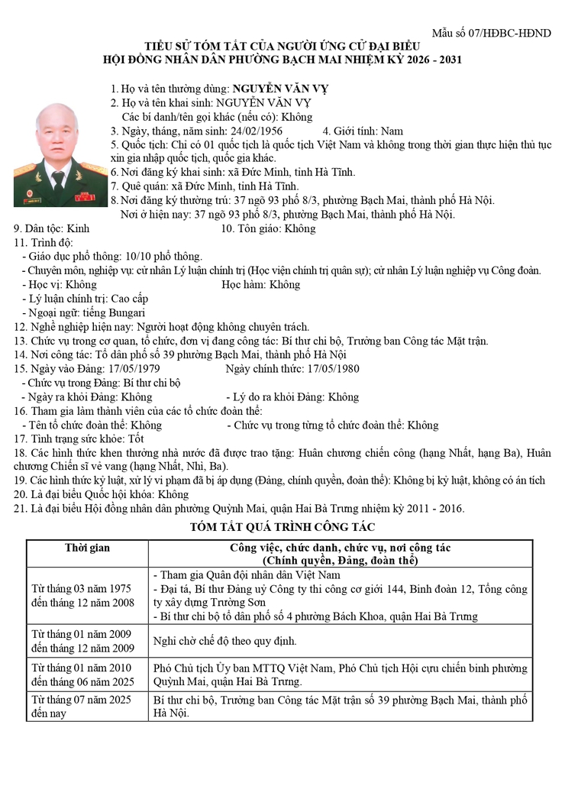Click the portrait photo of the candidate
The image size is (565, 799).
pos(60,154)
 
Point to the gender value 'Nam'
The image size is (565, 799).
pos(392,131)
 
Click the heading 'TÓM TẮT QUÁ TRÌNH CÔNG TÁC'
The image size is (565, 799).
pos(282,527)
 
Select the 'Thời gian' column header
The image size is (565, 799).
pos(87,548)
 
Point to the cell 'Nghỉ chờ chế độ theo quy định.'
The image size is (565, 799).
pos(225,641)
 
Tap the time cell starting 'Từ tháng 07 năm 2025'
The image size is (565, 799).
pos(80,707)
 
